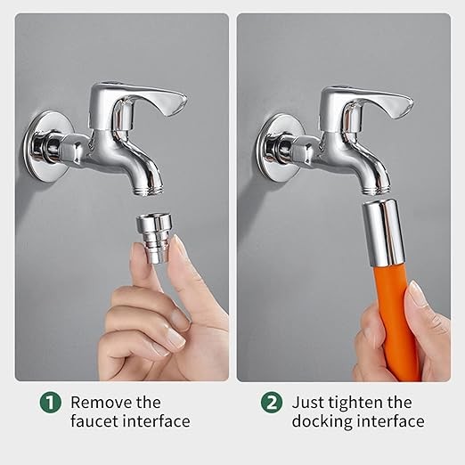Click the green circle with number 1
tap(50, 403)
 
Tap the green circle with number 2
tap(272, 403)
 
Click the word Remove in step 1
tap(102, 403)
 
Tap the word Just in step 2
tap(307, 403)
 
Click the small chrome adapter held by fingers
tap(153, 239)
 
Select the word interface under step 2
tap(391, 421)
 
